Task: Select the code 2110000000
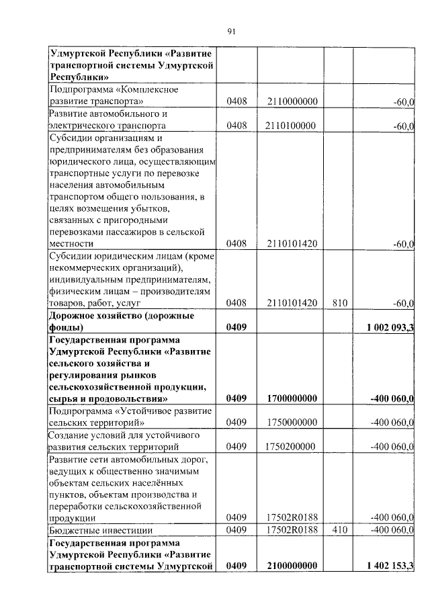pyautogui.click(x=291, y=101)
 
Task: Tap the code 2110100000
pyautogui.click(x=291, y=126)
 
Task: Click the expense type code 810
pyautogui.click(x=339, y=303)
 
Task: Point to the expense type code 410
pyautogui.click(x=339, y=530)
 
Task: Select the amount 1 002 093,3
pyautogui.click(x=390, y=327)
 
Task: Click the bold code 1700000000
pyautogui.click(x=291, y=398)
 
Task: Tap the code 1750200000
pyautogui.click(x=291, y=446)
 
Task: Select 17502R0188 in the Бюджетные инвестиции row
pyautogui.click(x=291, y=530)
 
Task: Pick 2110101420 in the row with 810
pyautogui.click(x=291, y=303)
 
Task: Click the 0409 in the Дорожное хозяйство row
pyautogui.click(x=237, y=327)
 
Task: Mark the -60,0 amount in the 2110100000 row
pyautogui.click(x=404, y=126)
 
